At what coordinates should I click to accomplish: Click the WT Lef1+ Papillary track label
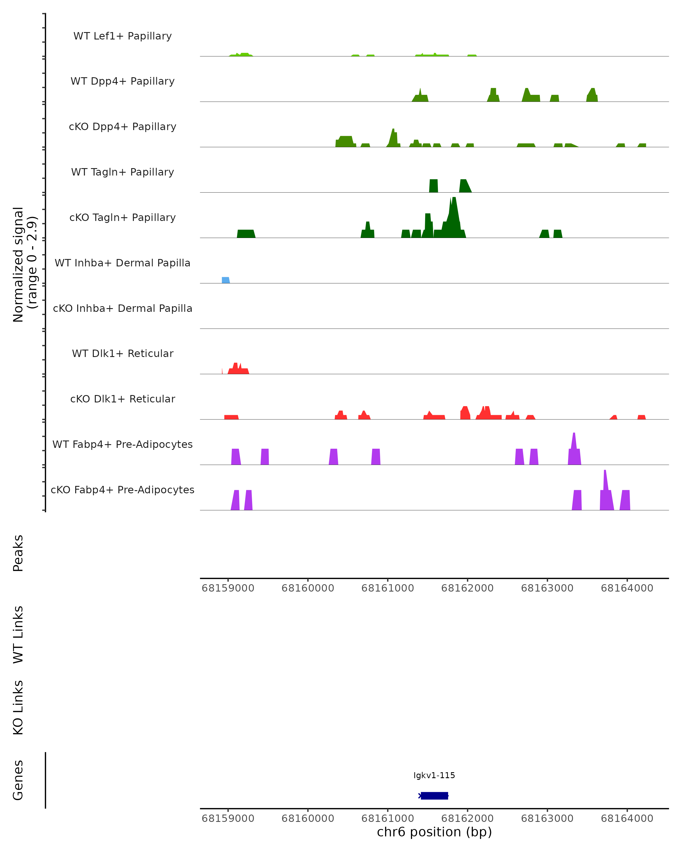pyautogui.click(x=122, y=36)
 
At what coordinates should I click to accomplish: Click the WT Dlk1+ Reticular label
pyautogui.click(x=122, y=353)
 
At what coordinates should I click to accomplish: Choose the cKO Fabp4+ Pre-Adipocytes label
pyautogui.click(x=122, y=490)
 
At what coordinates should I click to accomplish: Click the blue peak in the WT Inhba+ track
pyautogui.click(x=225, y=280)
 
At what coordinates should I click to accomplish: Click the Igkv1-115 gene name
pyautogui.click(x=434, y=775)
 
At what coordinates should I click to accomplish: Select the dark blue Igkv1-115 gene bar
pyautogui.click(x=434, y=795)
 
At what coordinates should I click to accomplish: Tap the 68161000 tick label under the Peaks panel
pyautogui.click(x=387, y=588)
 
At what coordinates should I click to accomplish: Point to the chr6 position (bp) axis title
pyautogui.click(x=434, y=832)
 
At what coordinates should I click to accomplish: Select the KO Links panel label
pyautogui.click(x=18, y=707)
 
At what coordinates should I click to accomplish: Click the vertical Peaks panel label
pyautogui.click(x=18, y=553)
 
